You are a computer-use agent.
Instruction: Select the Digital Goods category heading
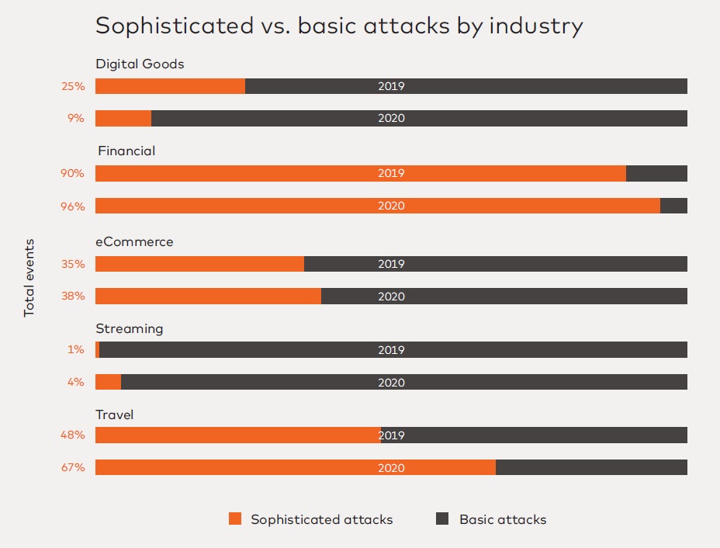140,64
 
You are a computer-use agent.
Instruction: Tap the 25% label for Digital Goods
73,86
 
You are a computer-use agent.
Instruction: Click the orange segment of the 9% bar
123,119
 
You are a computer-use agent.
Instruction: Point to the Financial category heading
126,151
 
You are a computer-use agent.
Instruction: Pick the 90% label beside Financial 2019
73,173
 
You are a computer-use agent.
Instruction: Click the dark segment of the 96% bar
673,206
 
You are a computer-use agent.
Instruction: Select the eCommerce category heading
134,241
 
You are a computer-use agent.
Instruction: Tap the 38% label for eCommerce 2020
73,297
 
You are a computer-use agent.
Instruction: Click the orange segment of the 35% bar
199,264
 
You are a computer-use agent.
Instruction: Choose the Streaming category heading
130,328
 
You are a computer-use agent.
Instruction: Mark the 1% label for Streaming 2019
75,350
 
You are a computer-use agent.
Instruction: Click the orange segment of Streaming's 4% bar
108,383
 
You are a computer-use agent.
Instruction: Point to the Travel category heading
115,414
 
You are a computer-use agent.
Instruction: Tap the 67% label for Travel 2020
73,468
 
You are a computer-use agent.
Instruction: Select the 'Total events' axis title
29,277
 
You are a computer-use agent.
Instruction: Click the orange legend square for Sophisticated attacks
235,519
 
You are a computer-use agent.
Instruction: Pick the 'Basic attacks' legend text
503,519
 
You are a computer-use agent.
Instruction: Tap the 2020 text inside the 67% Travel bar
391,468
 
